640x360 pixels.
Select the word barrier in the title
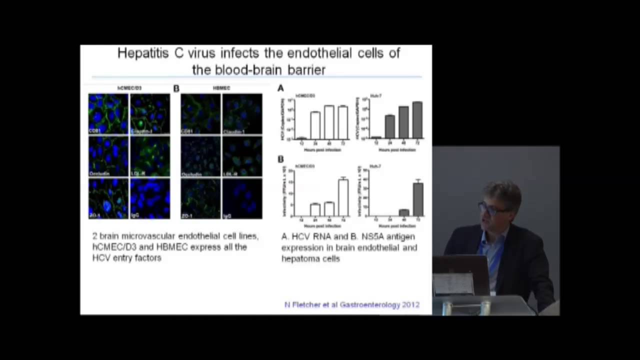tap(303, 69)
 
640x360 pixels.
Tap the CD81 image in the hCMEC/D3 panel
tap(108, 113)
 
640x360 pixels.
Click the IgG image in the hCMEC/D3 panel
tap(150, 198)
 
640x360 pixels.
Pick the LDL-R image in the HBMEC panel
tap(242, 156)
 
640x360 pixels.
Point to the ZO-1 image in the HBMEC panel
tap(200, 198)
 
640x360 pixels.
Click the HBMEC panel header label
tap(221, 88)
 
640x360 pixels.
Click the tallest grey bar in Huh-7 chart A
tap(417, 120)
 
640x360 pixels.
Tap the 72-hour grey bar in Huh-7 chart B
tap(418, 198)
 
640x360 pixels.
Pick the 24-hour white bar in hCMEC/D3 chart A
tap(315, 125)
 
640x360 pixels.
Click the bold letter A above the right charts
tap(280, 88)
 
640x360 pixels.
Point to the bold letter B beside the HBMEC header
tap(176, 88)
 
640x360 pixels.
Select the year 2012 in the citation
tap(410, 304)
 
